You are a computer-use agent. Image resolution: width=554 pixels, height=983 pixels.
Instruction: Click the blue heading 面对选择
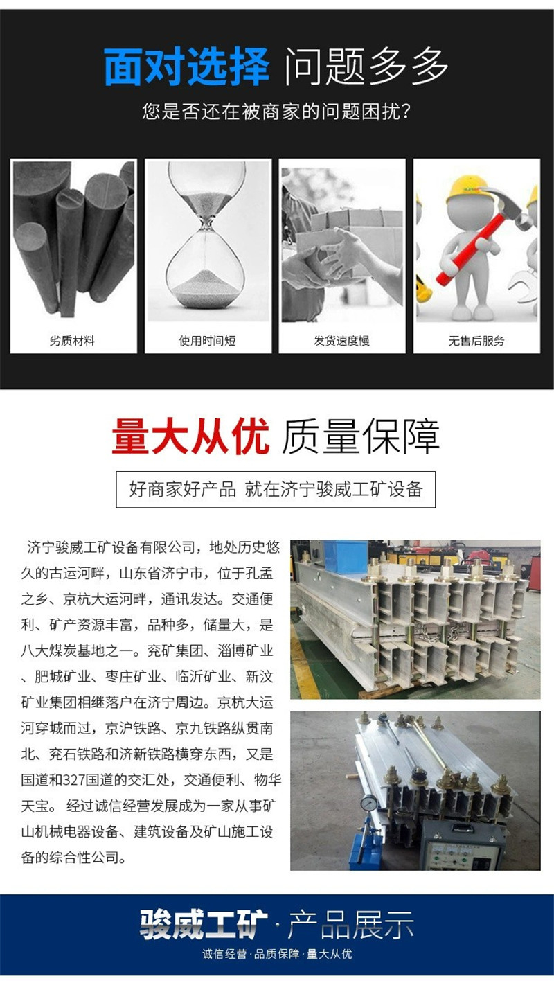pyautogui.click(x=186, y=67)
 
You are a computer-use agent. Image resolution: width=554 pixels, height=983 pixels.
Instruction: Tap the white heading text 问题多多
pyautogui.click(x=366, y=67)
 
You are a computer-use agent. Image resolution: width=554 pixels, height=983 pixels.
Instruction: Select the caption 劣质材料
pyautogui.click(x=73, y=341)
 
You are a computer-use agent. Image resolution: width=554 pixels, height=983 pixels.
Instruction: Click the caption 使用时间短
pyautogui.click(x=208, y=341)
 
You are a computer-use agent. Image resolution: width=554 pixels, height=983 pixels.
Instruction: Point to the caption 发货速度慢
pyautogui.click(x=341, y=341)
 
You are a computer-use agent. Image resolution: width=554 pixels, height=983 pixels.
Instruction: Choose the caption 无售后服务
pyautogui.click(x=476, y=341)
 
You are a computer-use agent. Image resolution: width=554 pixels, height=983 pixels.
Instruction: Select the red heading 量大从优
pyautogui.click(x=190, y=436)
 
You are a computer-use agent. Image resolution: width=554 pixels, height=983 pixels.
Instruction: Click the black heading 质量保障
pyautogui.click(x=361, y=436)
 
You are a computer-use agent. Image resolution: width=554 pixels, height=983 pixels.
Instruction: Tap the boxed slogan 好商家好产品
pyautogui.click(x=182, y=489)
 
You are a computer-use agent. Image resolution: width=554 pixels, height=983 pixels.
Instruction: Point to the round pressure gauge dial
pyautogui.click(x=369, y=803)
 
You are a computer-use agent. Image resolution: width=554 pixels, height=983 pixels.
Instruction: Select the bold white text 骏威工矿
pyautogui.click(x=204, y=925)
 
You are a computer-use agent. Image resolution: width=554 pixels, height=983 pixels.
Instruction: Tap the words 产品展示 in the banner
pyautogui.click(x=351, y=925)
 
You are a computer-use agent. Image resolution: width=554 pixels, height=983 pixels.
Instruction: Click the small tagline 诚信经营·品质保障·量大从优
pyautogui.click(x=277, y=954)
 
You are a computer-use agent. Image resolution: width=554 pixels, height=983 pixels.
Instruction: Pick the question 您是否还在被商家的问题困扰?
pyautogui.click(x=277, y=112)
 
